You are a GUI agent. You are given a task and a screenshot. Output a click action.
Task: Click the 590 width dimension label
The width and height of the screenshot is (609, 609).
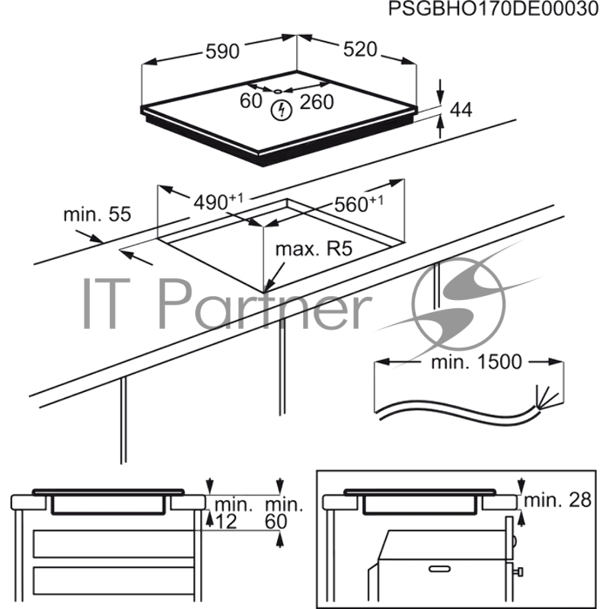click(222, 52)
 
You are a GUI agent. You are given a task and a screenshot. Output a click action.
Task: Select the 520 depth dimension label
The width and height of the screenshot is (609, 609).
click(359, 49)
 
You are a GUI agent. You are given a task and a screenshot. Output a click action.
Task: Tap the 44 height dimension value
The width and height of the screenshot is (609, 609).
click(461, 110)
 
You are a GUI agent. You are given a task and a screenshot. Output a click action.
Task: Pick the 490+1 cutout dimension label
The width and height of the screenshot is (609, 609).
click(217, 202)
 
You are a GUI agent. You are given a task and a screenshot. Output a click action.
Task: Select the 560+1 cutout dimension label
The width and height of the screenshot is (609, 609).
click(358, 203)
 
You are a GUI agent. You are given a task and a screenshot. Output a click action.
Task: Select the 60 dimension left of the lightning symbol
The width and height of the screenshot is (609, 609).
click(251, 101)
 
